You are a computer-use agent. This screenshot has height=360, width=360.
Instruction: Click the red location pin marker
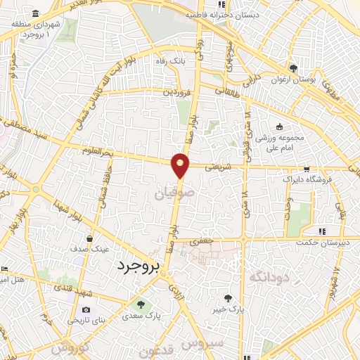point(181,165)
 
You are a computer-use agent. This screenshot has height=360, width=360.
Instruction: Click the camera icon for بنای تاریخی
point(86,309)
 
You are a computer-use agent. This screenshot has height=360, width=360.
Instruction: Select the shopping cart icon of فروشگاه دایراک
point(306,169)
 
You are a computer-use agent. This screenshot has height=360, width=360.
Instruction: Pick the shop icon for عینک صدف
point(89,239)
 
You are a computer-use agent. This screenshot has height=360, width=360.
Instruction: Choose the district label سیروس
point(204,342)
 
